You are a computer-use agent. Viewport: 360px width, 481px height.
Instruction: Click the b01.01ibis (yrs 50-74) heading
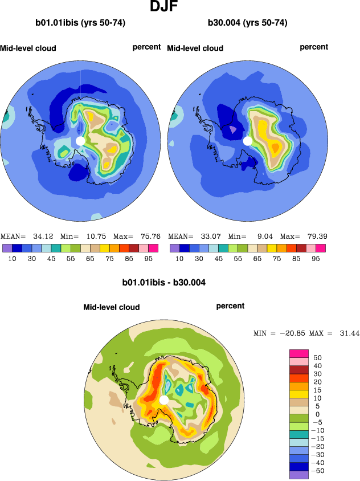tap(80, 23)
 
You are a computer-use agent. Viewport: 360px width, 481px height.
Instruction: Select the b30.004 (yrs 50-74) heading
tap(247, 23)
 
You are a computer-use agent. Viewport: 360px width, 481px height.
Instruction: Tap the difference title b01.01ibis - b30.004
tap(164, 282)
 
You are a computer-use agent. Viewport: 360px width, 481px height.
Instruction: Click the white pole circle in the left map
tap(80, 140)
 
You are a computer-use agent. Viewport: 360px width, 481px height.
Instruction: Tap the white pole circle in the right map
tap(248, 140)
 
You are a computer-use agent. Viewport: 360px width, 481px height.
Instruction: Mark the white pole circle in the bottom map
tap(164, 400)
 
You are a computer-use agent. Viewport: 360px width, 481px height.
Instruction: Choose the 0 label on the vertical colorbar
tap(317, 414)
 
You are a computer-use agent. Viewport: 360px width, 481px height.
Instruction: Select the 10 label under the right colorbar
tap(179, 258)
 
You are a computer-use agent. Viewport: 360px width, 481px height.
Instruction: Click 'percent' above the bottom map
tap(230, 306)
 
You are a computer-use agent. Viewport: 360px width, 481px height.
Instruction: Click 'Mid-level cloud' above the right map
tap(195, 48)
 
